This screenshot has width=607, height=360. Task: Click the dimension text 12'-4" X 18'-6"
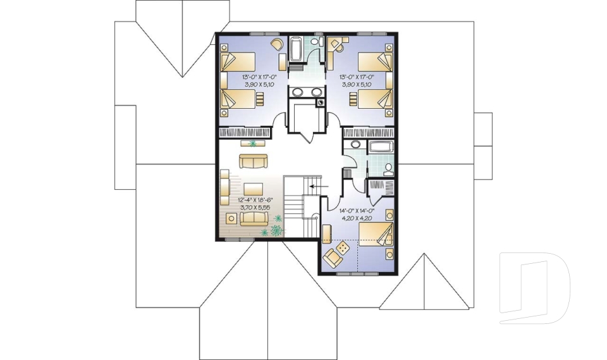pos(255,199)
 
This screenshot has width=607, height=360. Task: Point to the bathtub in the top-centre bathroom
pos(296,51)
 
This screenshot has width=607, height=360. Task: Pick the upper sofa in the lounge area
pos(253,161)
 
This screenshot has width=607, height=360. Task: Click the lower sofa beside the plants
pos(254,218)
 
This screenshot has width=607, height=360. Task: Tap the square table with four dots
pos(340,249)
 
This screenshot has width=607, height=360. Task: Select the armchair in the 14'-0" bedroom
pos(331,258)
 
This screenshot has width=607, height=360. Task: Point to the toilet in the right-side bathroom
pos(388,168)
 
